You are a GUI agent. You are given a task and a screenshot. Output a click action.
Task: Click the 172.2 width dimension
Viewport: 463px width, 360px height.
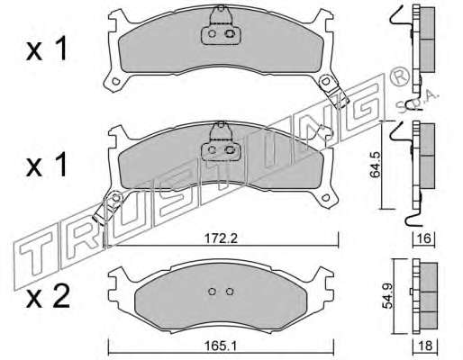(221, 239)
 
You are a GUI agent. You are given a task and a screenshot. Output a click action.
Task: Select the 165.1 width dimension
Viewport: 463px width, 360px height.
(221, 346)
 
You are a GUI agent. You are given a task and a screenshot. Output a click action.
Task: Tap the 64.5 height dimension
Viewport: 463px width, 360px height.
(375, 165)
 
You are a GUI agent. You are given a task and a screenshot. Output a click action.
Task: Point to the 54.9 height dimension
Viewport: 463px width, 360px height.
(387, 296)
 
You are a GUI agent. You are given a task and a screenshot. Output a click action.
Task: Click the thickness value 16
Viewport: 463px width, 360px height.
(424, 238)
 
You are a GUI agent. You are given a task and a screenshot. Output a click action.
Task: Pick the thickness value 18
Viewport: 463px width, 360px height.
(425, 346)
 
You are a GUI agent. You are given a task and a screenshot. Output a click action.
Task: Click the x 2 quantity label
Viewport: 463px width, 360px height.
(48, 295)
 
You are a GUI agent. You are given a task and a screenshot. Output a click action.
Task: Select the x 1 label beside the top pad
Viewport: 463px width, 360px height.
(47, 49)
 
